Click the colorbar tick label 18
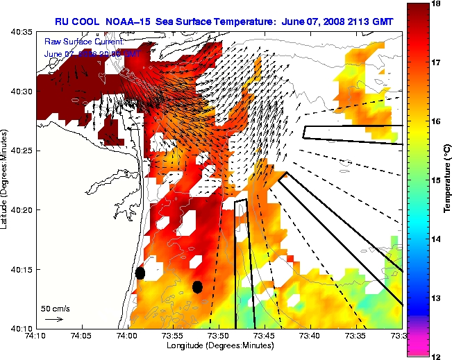(436, 3)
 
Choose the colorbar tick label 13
(436, 298)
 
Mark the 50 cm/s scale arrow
(53, 320)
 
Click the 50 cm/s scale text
(53, 308)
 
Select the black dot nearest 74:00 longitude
(140, 273)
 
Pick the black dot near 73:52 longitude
(197, 286)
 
